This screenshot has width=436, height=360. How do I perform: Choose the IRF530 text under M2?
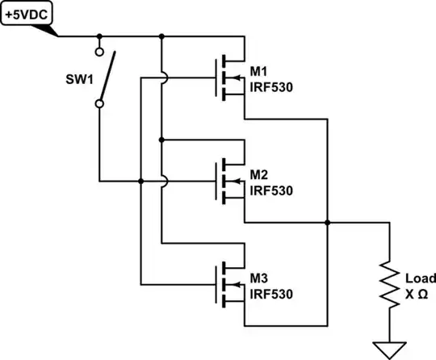coord(270,190)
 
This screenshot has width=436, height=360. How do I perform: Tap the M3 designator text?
coord(259,279)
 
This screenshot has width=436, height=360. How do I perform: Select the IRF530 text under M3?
coord(270,294)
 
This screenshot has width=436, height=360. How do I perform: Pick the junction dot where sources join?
coord(328,221)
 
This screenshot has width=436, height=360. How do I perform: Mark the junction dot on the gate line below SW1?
coord(141,181)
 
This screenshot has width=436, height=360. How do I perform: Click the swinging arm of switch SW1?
coord(107,77)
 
